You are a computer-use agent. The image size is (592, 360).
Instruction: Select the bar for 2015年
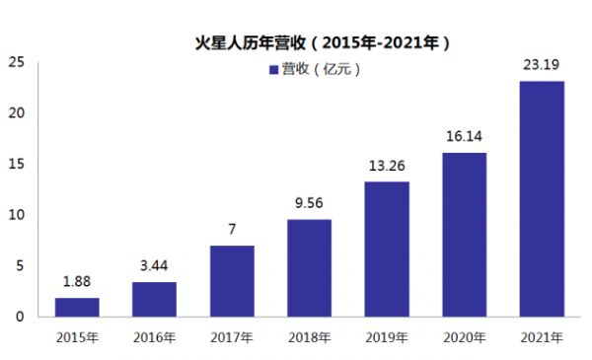(x=77, y=307)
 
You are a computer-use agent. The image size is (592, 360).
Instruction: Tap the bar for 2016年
(x=154, y=299)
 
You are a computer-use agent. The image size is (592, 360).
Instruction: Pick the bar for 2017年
(x=232, y=281)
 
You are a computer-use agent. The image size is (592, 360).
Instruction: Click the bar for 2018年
(x=309, y=267)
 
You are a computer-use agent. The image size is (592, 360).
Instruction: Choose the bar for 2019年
(x=387, y=249)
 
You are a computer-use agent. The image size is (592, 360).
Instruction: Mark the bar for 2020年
(x=464, y=234)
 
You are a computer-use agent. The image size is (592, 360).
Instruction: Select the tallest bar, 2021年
(x=542, y=198)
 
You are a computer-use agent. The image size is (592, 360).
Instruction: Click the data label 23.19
(x=542, y=65)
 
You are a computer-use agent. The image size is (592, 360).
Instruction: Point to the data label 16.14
(x=464, y=137)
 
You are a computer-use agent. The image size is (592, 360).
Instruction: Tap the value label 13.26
(x=387, y=167)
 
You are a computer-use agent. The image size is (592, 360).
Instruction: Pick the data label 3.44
(x=154, y=267)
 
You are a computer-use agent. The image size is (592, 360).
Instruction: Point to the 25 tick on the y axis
(x=16, y=62)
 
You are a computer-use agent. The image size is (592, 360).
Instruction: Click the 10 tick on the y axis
(x=16, y=215)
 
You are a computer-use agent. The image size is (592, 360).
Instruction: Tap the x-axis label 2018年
(x=309, y=337)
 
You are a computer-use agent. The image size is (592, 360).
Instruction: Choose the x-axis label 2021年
(x=542, y=337)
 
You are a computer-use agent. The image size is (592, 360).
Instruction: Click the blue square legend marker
(x=273, y=70)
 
